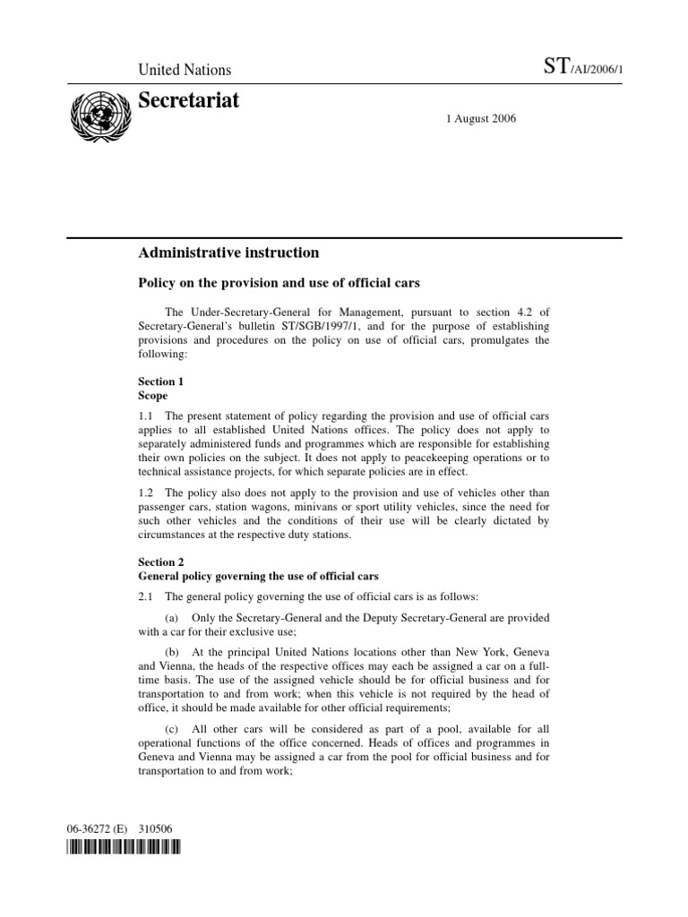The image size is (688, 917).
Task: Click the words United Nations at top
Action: click(185, 70)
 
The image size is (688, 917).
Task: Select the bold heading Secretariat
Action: click(189, 101)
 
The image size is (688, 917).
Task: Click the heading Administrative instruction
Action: click(228, 253)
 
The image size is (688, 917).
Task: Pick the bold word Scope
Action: click(154, 394)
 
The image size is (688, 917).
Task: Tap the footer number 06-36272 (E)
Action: click(99, 827)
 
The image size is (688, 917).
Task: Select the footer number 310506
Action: click(159, 827)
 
